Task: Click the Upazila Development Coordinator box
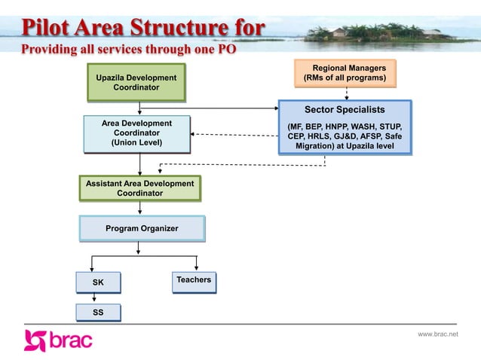(136, 83)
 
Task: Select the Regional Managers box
(345, 73)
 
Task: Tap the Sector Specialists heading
(345, 110)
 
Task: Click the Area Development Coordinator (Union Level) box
(136, 133)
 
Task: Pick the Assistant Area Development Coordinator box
(139, 188)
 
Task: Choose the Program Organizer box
(142, 228)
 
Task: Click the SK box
(98, 282)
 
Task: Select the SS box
(98, 312)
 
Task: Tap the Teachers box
(194, 280)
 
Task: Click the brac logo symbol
(35, 340)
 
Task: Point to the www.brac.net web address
(437, 334)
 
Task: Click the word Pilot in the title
(47, 29)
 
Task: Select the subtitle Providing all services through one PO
(128, 50)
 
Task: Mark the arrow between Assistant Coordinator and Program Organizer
(140, 209)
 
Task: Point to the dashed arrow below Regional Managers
(346, 94)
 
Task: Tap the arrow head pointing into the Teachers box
(197, 267)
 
